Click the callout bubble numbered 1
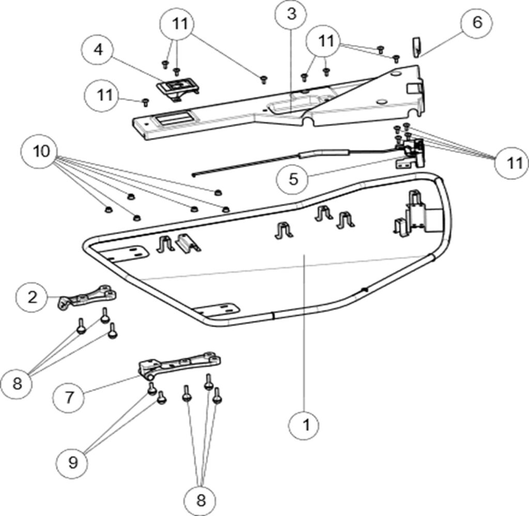tap(305, 425)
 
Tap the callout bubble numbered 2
tap(33, 298)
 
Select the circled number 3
tap(292, 14)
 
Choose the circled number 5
tap(293, 179)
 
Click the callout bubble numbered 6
tap(477, 23)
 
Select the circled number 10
tap(42, 151)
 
